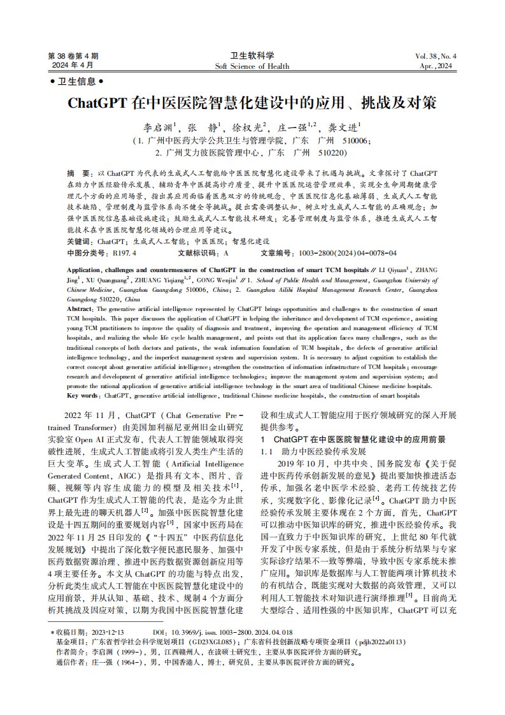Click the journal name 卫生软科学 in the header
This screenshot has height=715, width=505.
coord(252,55)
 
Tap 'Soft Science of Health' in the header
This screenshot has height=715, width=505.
coord(252,66)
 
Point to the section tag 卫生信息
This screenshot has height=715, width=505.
coord(76,82)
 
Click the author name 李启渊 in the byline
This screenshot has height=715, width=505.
coord(157,126)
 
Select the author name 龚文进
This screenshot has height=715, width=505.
coord(343,126)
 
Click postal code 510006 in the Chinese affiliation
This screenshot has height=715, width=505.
coord(357,140)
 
